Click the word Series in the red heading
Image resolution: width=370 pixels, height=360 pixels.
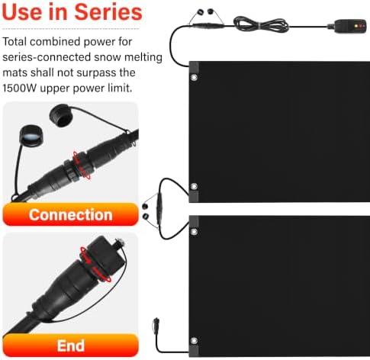click(x=108, y=12)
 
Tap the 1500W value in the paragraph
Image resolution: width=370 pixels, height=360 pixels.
click(x=20, y=88)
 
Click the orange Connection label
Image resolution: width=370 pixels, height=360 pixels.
click(x=70, y=214)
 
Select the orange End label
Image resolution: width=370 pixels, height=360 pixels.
click(x=70, y=346)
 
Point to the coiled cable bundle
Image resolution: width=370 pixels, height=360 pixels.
click(x=261, y=24)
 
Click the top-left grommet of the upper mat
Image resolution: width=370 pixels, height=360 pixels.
click(x=194, y=77)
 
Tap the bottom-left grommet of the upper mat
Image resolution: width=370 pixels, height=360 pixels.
click(x=194, y=186)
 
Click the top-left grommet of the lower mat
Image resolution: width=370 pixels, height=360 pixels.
click(x=194, y=232)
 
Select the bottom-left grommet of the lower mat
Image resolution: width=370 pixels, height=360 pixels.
click(x=194, y=341)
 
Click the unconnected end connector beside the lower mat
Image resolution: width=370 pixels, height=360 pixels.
click(x=156, y=324)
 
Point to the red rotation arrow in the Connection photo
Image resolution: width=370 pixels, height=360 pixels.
click(x=82, y=166)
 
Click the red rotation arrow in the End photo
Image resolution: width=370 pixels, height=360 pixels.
click(x=95, y=265)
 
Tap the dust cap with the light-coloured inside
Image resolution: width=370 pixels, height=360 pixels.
click(x=31, y=136)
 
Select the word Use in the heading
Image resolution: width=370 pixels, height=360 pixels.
click(x=22, y=12)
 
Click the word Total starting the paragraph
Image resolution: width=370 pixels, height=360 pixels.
click(x=14, y=41)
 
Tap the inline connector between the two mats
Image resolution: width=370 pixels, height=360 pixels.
click(x=159, y=208)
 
